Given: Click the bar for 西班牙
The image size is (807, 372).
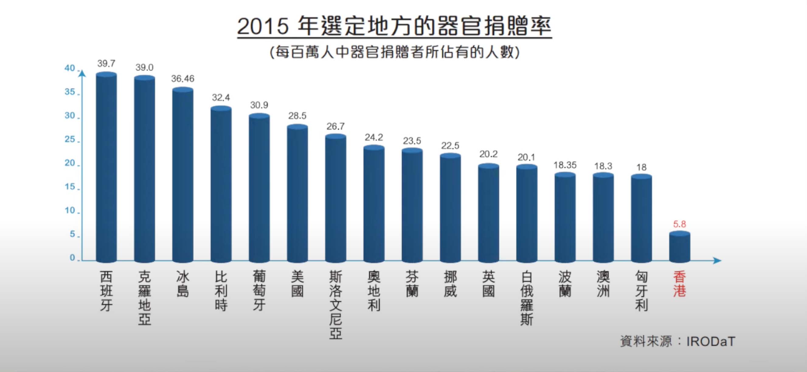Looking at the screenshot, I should pyautogui.click(x=106, y=167).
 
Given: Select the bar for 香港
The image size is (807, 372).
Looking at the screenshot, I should pyautogui.click(x=680, y=247).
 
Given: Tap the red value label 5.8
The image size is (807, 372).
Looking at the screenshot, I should pyautogui.click(x=680, y=224).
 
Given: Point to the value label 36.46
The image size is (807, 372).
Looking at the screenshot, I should pyautogui.click(x=183, y=79).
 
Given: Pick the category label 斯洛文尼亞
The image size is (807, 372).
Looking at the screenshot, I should pyautogui.click(x=335, y=305).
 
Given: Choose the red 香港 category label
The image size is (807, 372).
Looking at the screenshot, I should pyautogui.click(x=680, y=284).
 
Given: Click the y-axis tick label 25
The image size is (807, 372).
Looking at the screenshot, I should pyautogui.click(x=70, y=139).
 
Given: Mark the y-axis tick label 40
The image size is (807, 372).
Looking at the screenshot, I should pyautogui.click(x=70, y=68).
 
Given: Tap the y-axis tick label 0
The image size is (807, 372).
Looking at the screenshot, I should pyautogui.click(x=72, y=258).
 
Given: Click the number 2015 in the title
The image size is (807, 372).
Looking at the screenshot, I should pyautogui.click(x=262, y=26).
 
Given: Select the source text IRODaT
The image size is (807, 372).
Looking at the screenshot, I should pyautogui.click(x=711, y=342).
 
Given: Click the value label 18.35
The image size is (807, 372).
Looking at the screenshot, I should pyautogui.click(x=565, y=165).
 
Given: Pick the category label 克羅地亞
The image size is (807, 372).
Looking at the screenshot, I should pyautogui.click(x=144, y=298).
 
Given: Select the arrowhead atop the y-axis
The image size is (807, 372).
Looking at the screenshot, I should pyautogui.click(x=82, y=74).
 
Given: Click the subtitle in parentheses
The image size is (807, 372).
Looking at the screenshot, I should pyautogui.click(x=394, y=52).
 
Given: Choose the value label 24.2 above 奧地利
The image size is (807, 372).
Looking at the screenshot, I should pyautogui.click(x=374, y=137).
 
